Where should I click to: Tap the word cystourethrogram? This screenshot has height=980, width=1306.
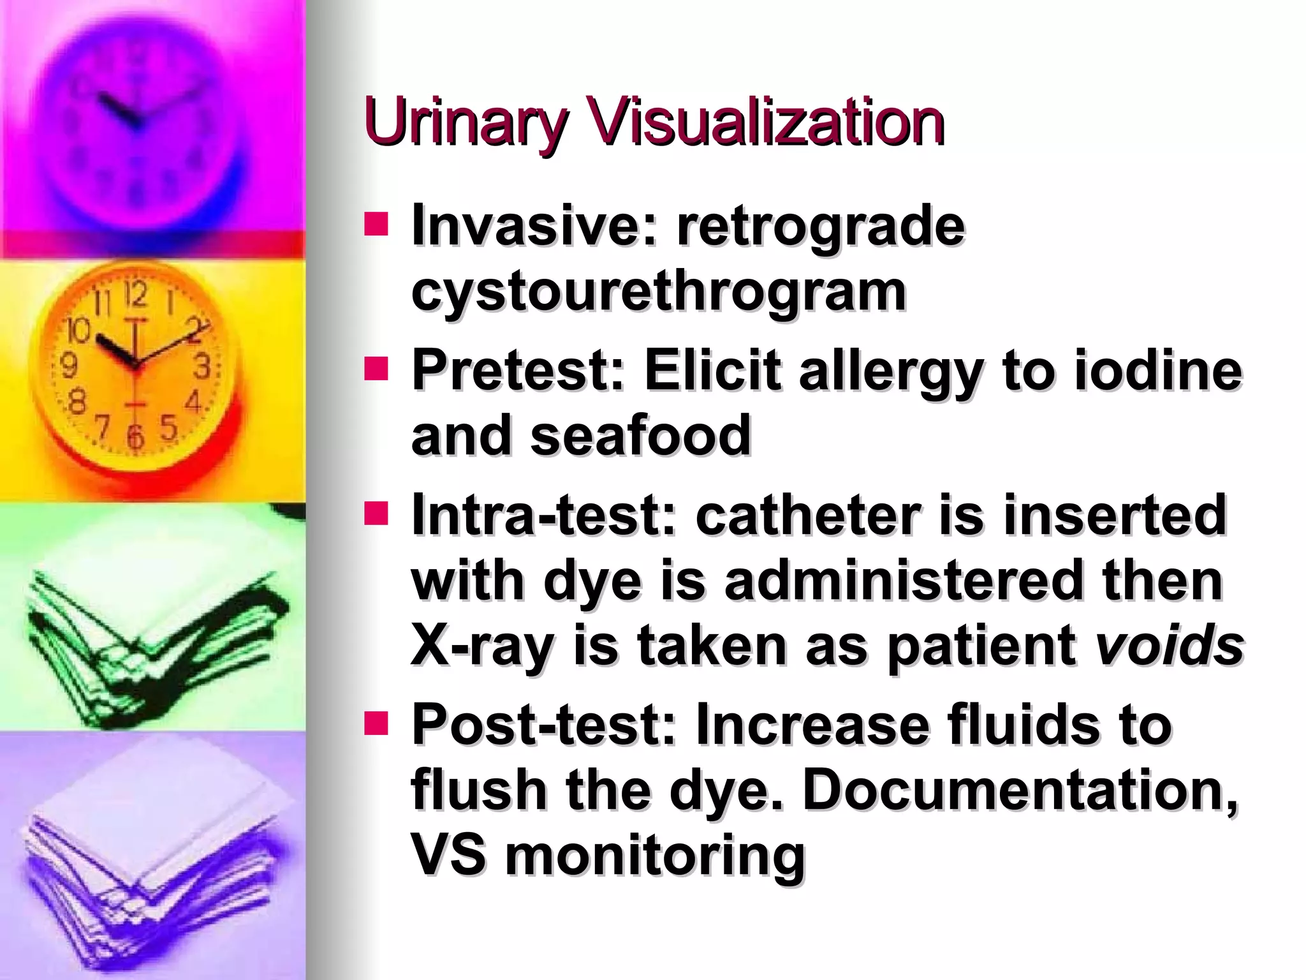click(659, 292)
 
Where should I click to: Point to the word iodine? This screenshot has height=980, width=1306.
click(1157, 371)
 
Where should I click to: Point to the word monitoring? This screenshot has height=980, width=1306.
click(656, 856)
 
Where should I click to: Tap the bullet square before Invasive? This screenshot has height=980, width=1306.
click(376, 225)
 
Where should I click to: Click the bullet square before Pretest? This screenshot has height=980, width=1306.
click(376, 369)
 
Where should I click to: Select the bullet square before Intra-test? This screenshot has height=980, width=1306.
click(376, 514)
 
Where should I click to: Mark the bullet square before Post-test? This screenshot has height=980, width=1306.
click(376, 724)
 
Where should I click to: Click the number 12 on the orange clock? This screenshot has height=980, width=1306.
click(135, 295)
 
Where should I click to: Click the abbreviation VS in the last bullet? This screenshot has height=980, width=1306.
click(448, 856)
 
